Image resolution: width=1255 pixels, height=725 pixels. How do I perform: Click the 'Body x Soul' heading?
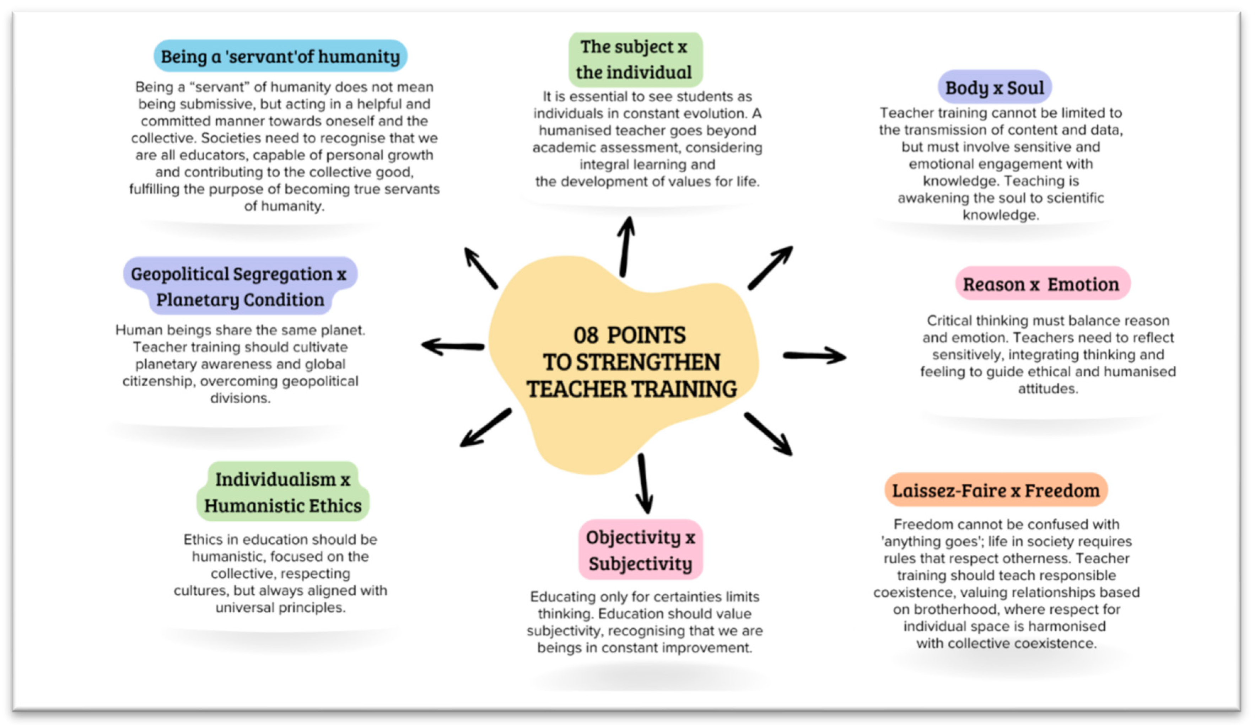994,88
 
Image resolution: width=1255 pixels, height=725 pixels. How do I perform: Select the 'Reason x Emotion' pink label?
1041,284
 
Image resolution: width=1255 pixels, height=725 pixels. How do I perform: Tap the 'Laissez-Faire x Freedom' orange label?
996,490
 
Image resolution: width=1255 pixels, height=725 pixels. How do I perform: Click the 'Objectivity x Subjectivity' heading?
640,550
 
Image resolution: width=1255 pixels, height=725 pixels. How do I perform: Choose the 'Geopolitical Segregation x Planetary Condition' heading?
239,286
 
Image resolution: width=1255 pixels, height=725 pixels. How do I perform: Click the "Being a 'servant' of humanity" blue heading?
280,56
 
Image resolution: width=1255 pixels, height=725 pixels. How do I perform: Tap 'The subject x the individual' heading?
634,59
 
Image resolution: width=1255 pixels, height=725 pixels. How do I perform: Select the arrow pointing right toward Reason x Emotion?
814,355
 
